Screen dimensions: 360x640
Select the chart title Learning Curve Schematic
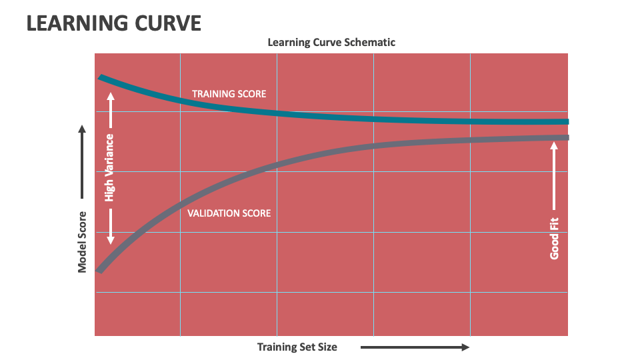click(331, 42)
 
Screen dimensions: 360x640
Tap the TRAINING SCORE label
click(229, 94)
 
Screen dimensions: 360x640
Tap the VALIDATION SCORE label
click(229, 213)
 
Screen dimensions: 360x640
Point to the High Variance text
click(110, 167)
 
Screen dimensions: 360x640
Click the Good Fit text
click(554, 239)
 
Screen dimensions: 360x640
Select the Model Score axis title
click(83, 242)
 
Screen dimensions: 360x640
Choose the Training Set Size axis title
click(297, 347)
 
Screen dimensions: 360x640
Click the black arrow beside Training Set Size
click(415, 347)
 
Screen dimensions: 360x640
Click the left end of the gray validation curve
click(100, 269)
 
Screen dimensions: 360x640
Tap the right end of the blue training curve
click(566, 122)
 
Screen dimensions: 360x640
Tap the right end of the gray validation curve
click(566, 137)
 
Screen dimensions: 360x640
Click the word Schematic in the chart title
click(371, 42)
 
